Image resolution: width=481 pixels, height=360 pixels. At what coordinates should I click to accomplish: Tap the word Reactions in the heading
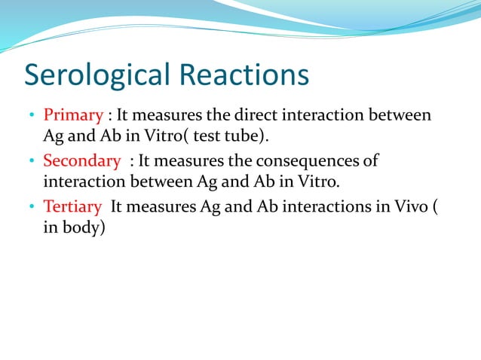point(244,76)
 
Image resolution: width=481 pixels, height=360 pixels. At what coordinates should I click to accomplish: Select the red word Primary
point(73,115)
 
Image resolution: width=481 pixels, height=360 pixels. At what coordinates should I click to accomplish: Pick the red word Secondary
point(81,160)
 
